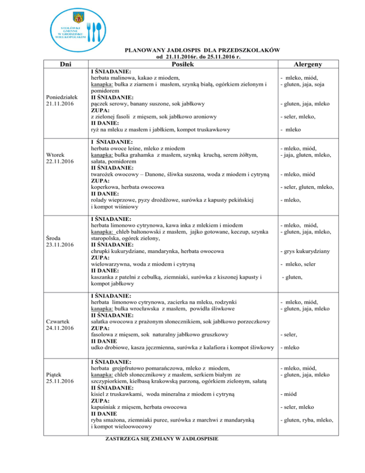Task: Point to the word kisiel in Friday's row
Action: pos(98,394)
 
